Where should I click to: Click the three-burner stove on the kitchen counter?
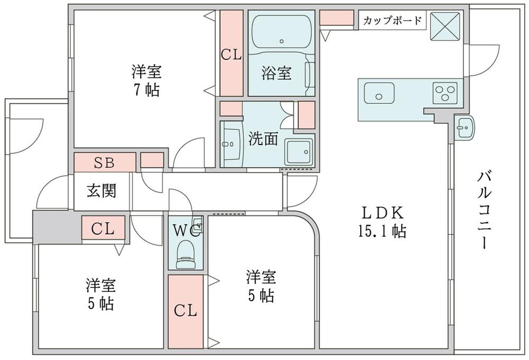445,94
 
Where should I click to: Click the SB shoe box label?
104,162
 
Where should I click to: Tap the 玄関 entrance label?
102,191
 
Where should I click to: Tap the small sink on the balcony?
464,128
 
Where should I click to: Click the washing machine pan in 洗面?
299,152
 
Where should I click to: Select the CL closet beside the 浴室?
231,54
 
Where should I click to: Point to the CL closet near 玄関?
103,229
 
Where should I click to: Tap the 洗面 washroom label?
263,139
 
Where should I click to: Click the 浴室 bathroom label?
276,74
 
